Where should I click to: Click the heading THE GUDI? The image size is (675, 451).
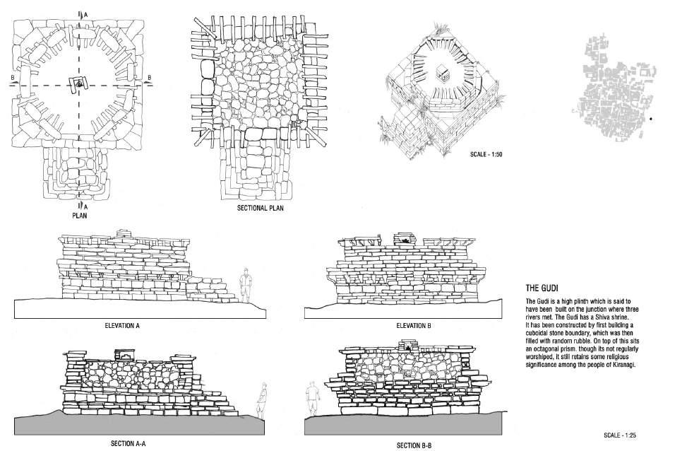pos(542,288)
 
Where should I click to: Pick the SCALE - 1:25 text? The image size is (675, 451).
pos(620,435)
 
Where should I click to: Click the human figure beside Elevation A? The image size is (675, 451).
pos(246,285)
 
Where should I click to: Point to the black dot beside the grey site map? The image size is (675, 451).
pos(651,119)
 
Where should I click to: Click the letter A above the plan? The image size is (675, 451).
pos(86,14)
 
